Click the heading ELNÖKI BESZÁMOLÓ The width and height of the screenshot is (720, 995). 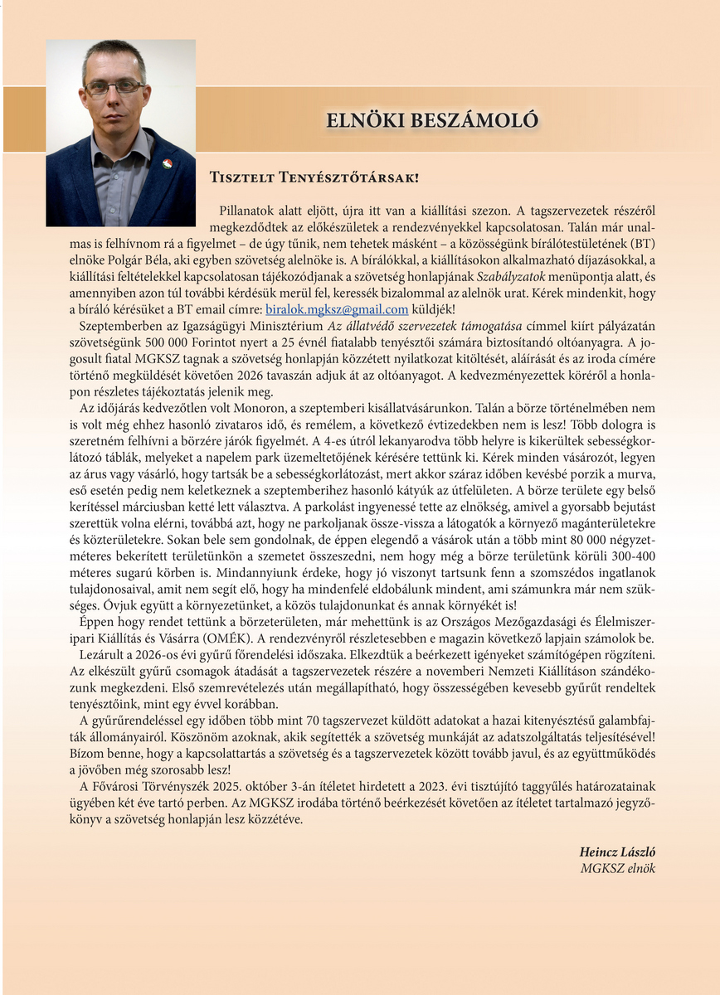[x=432, y=120]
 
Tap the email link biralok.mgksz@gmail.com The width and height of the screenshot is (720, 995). [x=337, y=309]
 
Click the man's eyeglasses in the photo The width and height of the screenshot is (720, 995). [x=115, y=85]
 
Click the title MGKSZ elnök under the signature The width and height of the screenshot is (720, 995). [x=618, y=868]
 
